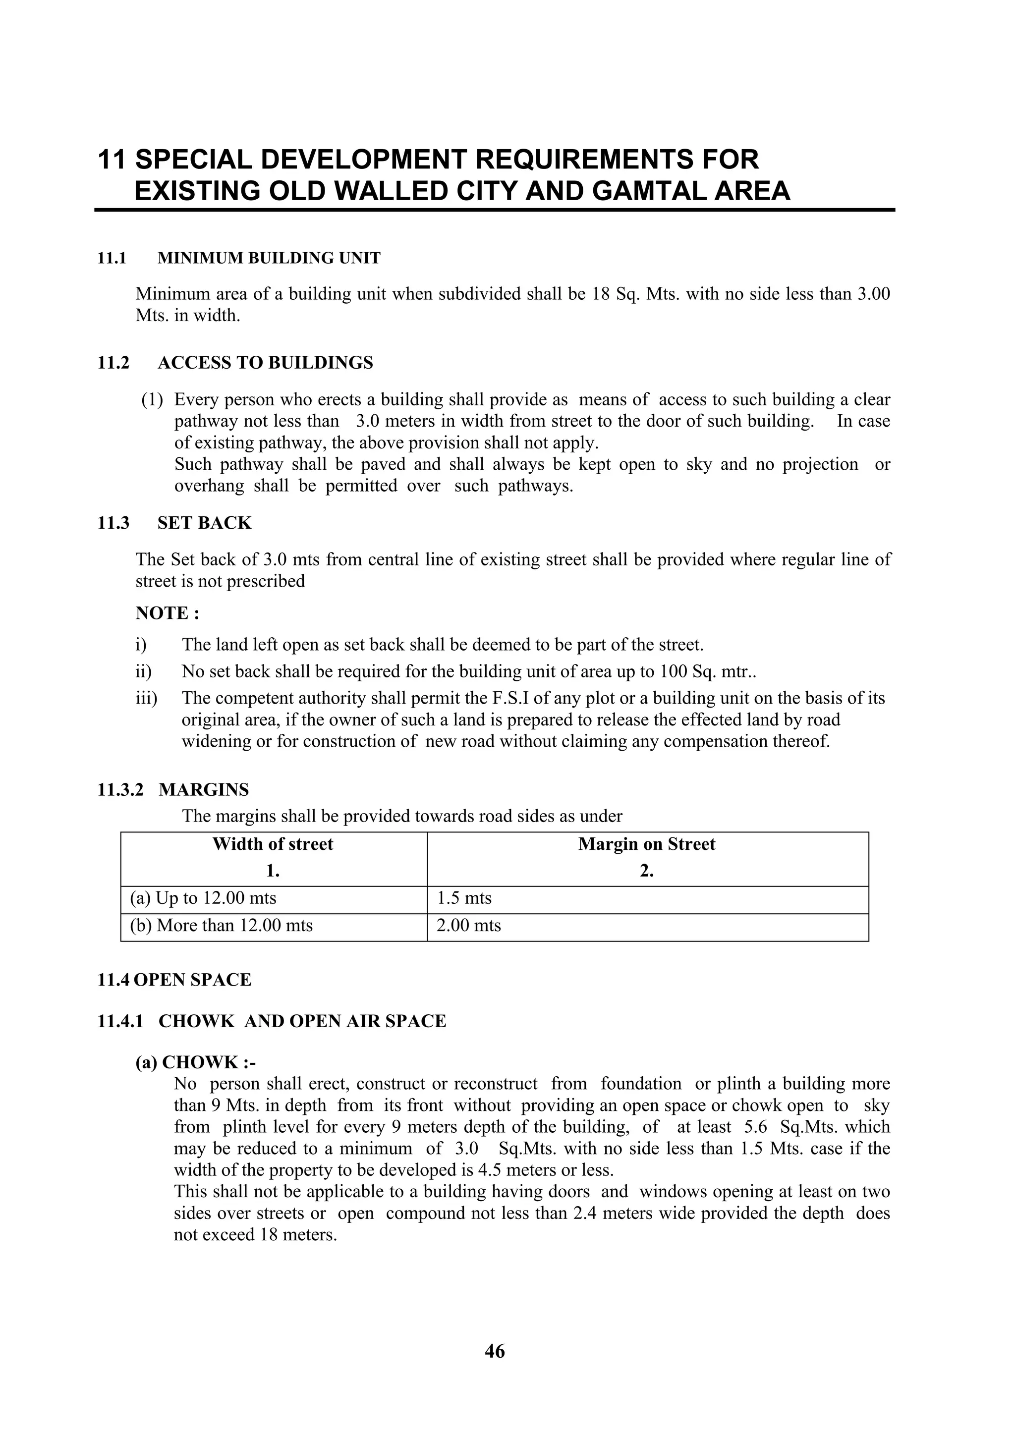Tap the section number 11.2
[113, 363]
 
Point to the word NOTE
[162, 613]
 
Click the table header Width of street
[273, 844]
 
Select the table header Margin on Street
[646, 844]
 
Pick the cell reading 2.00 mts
[468, 926]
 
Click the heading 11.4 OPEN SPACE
[174, 980]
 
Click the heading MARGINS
[203, 790]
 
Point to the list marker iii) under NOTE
[146, 698]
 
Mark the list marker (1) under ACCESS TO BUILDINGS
[152, 400]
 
